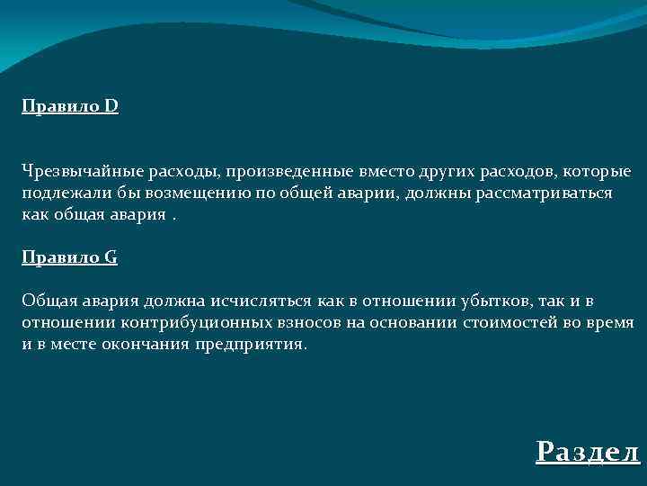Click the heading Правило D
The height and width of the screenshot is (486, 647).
pyautogui.click(x=70, y=107)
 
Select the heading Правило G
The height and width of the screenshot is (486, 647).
pyautogui.click(x=70, y=257)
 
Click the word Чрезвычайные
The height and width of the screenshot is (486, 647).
pyautogui.click(x=75, y=171)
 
